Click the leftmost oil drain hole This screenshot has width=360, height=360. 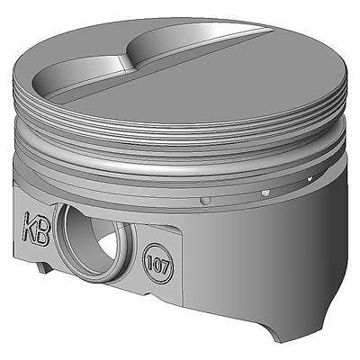[x=206, y=200]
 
